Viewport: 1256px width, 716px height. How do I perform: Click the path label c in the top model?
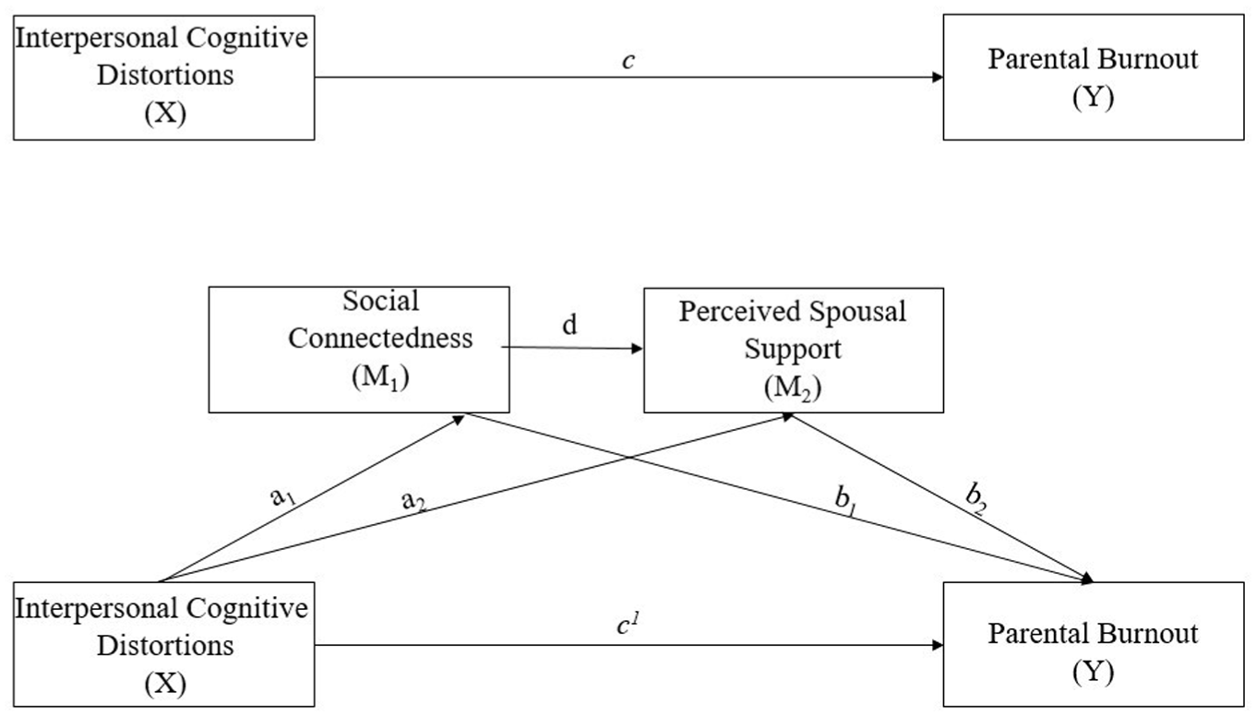(x=628, y=61)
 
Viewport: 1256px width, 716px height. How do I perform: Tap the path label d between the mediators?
(x=569, y=325)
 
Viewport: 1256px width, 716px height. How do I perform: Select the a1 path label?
(x=283, y=496)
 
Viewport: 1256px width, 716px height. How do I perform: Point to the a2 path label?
(x=413, y=500)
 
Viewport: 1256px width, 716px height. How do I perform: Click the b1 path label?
(x=846, y=498)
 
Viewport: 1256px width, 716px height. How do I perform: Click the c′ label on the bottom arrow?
(x=628, y=624)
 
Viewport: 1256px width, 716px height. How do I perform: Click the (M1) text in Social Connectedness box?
(x=380, y=376)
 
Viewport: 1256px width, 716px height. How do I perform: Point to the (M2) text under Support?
(x=793, y=388)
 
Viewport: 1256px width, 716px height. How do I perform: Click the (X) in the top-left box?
(x=165, y=113)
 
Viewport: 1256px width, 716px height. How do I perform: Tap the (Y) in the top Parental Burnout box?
(x=1093, y=98)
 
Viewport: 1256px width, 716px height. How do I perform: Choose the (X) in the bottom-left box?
(x=165, y=683)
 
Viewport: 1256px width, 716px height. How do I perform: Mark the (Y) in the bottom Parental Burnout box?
(x=1093, y=672)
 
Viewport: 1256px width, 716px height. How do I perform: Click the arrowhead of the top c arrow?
(x=938, y=78)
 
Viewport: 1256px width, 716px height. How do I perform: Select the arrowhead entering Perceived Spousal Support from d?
(x=637, y=349)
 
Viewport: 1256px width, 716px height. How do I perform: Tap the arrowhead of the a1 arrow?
(x=459, y=419)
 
